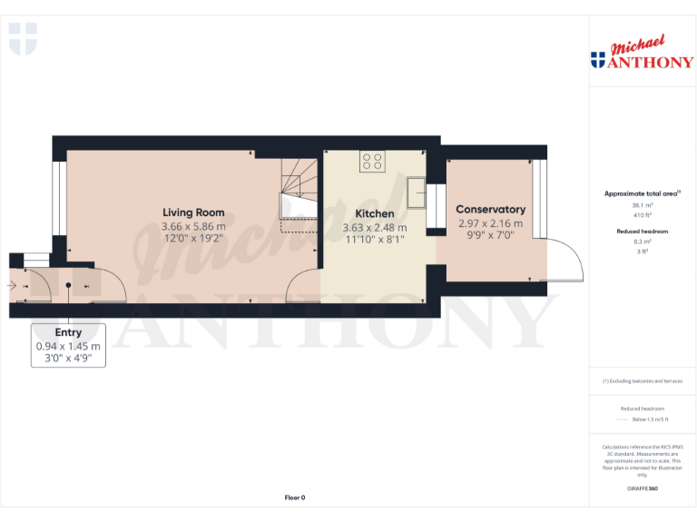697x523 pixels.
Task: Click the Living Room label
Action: tap(192, 213)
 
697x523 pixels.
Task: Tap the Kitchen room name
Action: tap(374, 214)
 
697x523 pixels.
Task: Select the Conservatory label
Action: tap(490, 210)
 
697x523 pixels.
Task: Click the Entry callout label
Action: tap(68, 333)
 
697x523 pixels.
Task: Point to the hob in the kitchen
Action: tap(372, 162)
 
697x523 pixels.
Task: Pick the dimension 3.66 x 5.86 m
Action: tap(192, 227)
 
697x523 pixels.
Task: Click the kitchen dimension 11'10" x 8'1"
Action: tap(374, 240)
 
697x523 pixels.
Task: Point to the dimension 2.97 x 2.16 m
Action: tap(490, 223)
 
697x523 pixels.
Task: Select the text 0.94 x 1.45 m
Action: tap(68, 347)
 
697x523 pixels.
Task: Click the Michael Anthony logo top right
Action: tap(642, 54)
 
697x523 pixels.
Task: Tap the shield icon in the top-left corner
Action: tap(23, 39)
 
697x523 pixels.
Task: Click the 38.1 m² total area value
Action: tap(642, 206)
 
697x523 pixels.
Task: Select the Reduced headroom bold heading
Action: tap(642, 232)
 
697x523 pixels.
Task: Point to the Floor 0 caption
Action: tap(295, 498)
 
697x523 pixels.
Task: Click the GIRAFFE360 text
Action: tap(642, 489)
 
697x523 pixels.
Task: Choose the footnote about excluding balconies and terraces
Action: tap(642, 381)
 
